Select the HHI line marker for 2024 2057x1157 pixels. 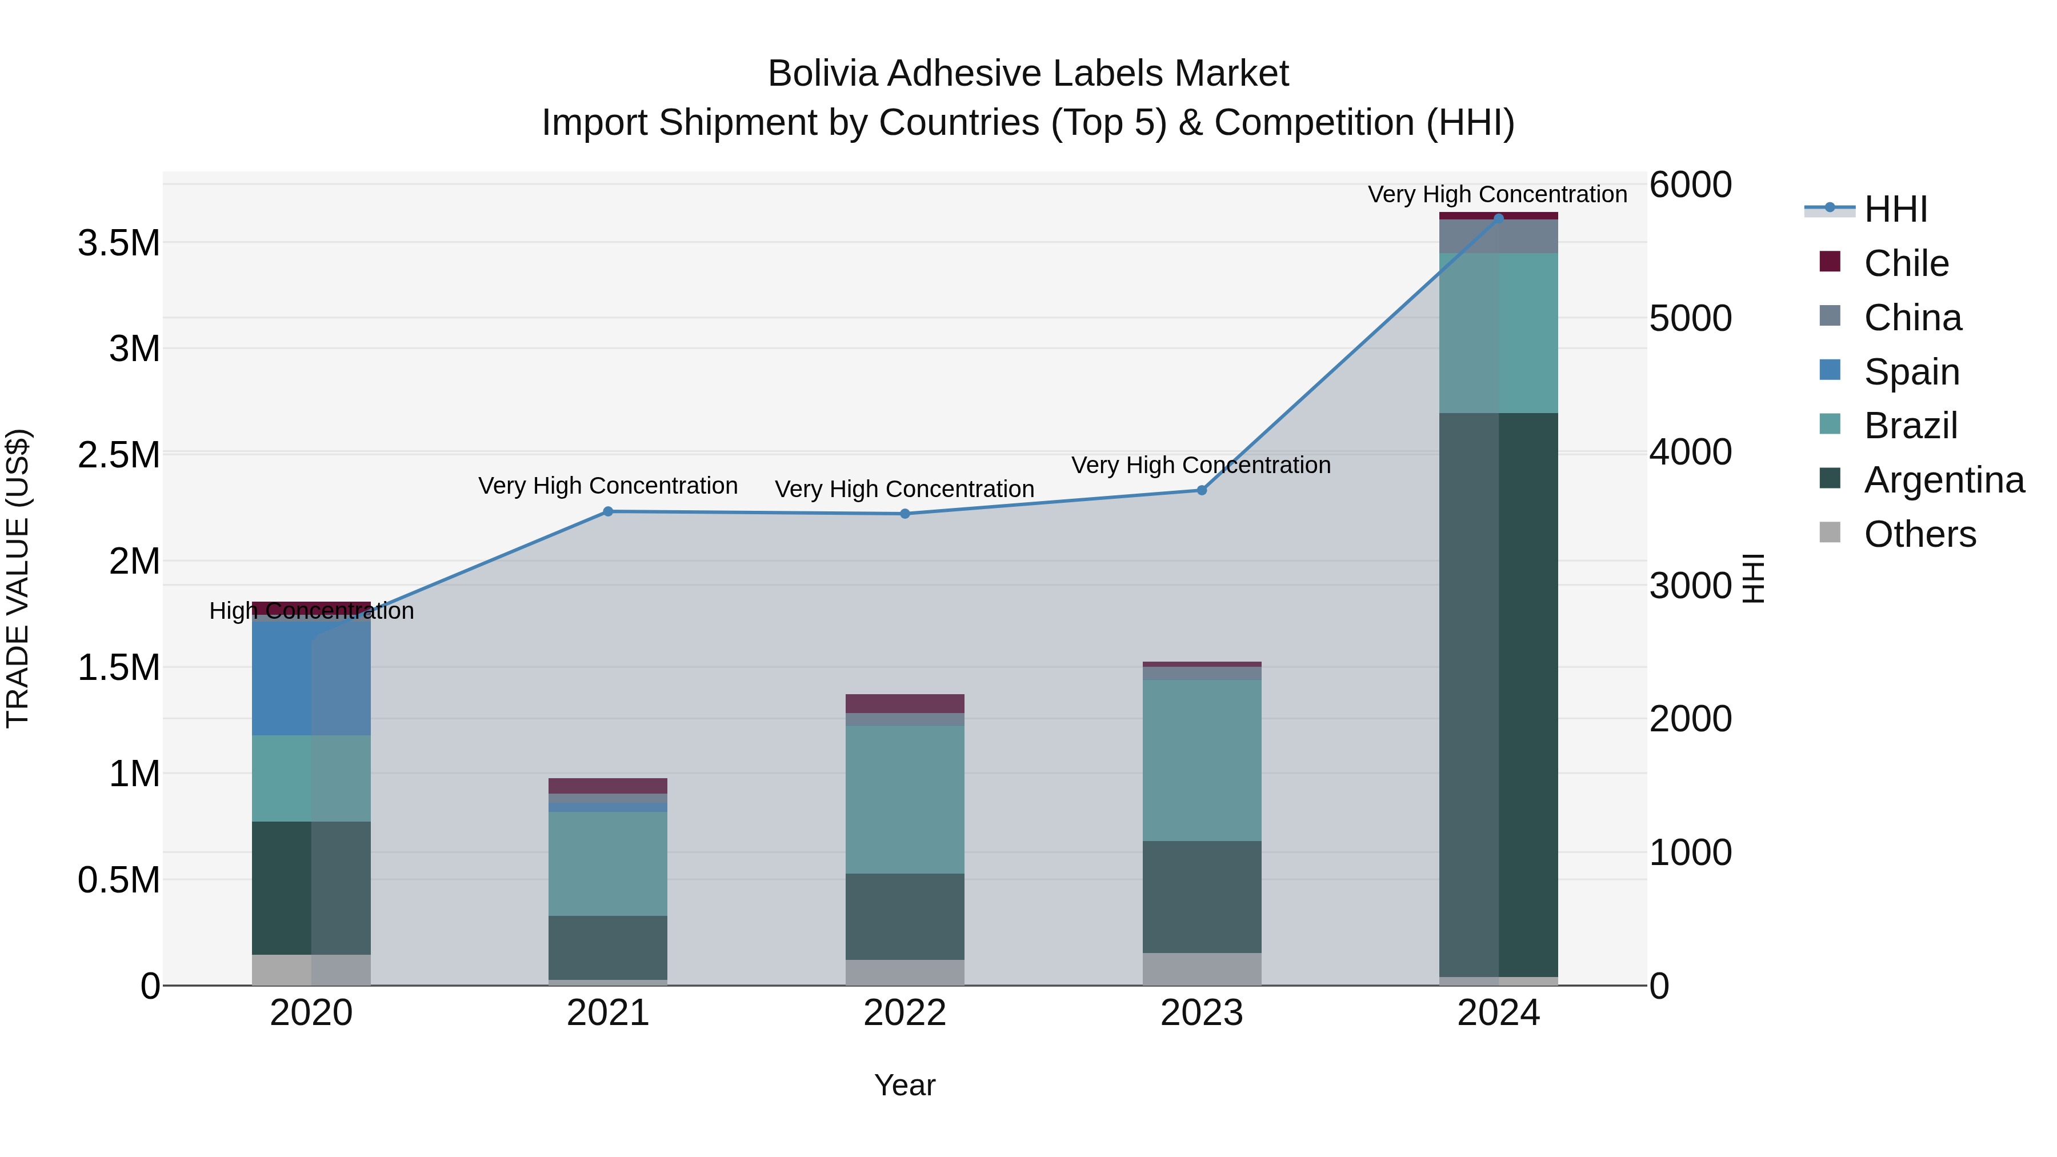point(1498,218)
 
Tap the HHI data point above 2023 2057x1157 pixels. point(1201,490)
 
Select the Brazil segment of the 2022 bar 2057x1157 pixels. point(905,799)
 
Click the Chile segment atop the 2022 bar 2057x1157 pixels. point(905,703)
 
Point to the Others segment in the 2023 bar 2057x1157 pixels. point(1201,968)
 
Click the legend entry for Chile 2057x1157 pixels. point(1905,263)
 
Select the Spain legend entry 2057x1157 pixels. point(1911,372)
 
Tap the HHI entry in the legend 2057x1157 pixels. point(1895,209)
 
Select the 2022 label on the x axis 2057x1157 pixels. point(905,1013)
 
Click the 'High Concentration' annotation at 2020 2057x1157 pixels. point(311,611)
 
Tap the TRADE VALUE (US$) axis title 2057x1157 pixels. point(18,578)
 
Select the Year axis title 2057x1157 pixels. point(905,1085)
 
